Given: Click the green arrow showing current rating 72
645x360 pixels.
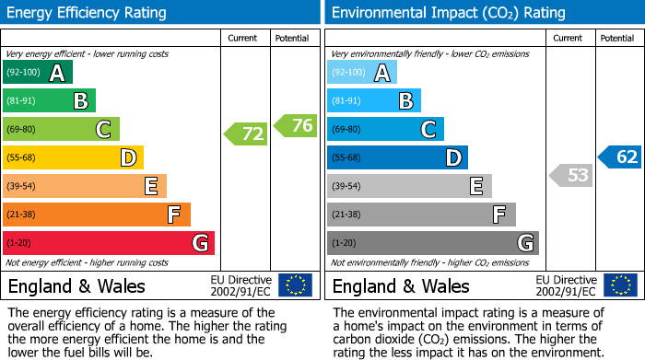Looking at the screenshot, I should [x=246, y=134].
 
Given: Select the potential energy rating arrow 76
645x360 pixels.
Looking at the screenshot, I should [x=296, y=125].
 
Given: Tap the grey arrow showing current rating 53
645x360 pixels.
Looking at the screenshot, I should [x=570, y=175].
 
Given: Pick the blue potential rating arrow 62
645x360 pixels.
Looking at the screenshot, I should [x=620, y=157].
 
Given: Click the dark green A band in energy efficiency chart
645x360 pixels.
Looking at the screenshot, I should [x=37, y=74].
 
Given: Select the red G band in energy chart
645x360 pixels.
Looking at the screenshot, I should [x=109, y=243].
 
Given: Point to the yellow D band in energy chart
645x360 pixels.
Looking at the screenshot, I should [x=73, y=158].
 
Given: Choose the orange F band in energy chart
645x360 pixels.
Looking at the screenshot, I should [x=97, y=215].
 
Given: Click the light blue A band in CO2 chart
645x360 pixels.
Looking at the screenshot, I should [x=361, y=74].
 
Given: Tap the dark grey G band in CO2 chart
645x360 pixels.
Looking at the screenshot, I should [x=432, y=243].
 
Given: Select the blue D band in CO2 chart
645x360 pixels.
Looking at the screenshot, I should [x=397, y=158].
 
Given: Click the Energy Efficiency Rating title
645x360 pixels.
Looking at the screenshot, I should [x=88, y=13].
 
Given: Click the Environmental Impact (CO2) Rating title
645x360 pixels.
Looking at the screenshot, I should [x=448, y=13].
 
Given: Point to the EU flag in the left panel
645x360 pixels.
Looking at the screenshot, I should [x=295, y=285].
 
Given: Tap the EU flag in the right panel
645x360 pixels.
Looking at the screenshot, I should [x=619, y=285].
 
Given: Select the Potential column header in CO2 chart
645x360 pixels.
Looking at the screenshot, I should [x=617, y=38].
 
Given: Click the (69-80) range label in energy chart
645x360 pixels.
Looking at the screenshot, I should [x=22, y=130].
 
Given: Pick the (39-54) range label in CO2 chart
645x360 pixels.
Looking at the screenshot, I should [x=347, y=187].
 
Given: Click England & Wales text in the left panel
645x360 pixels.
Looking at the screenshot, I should [x=76, y=286].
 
